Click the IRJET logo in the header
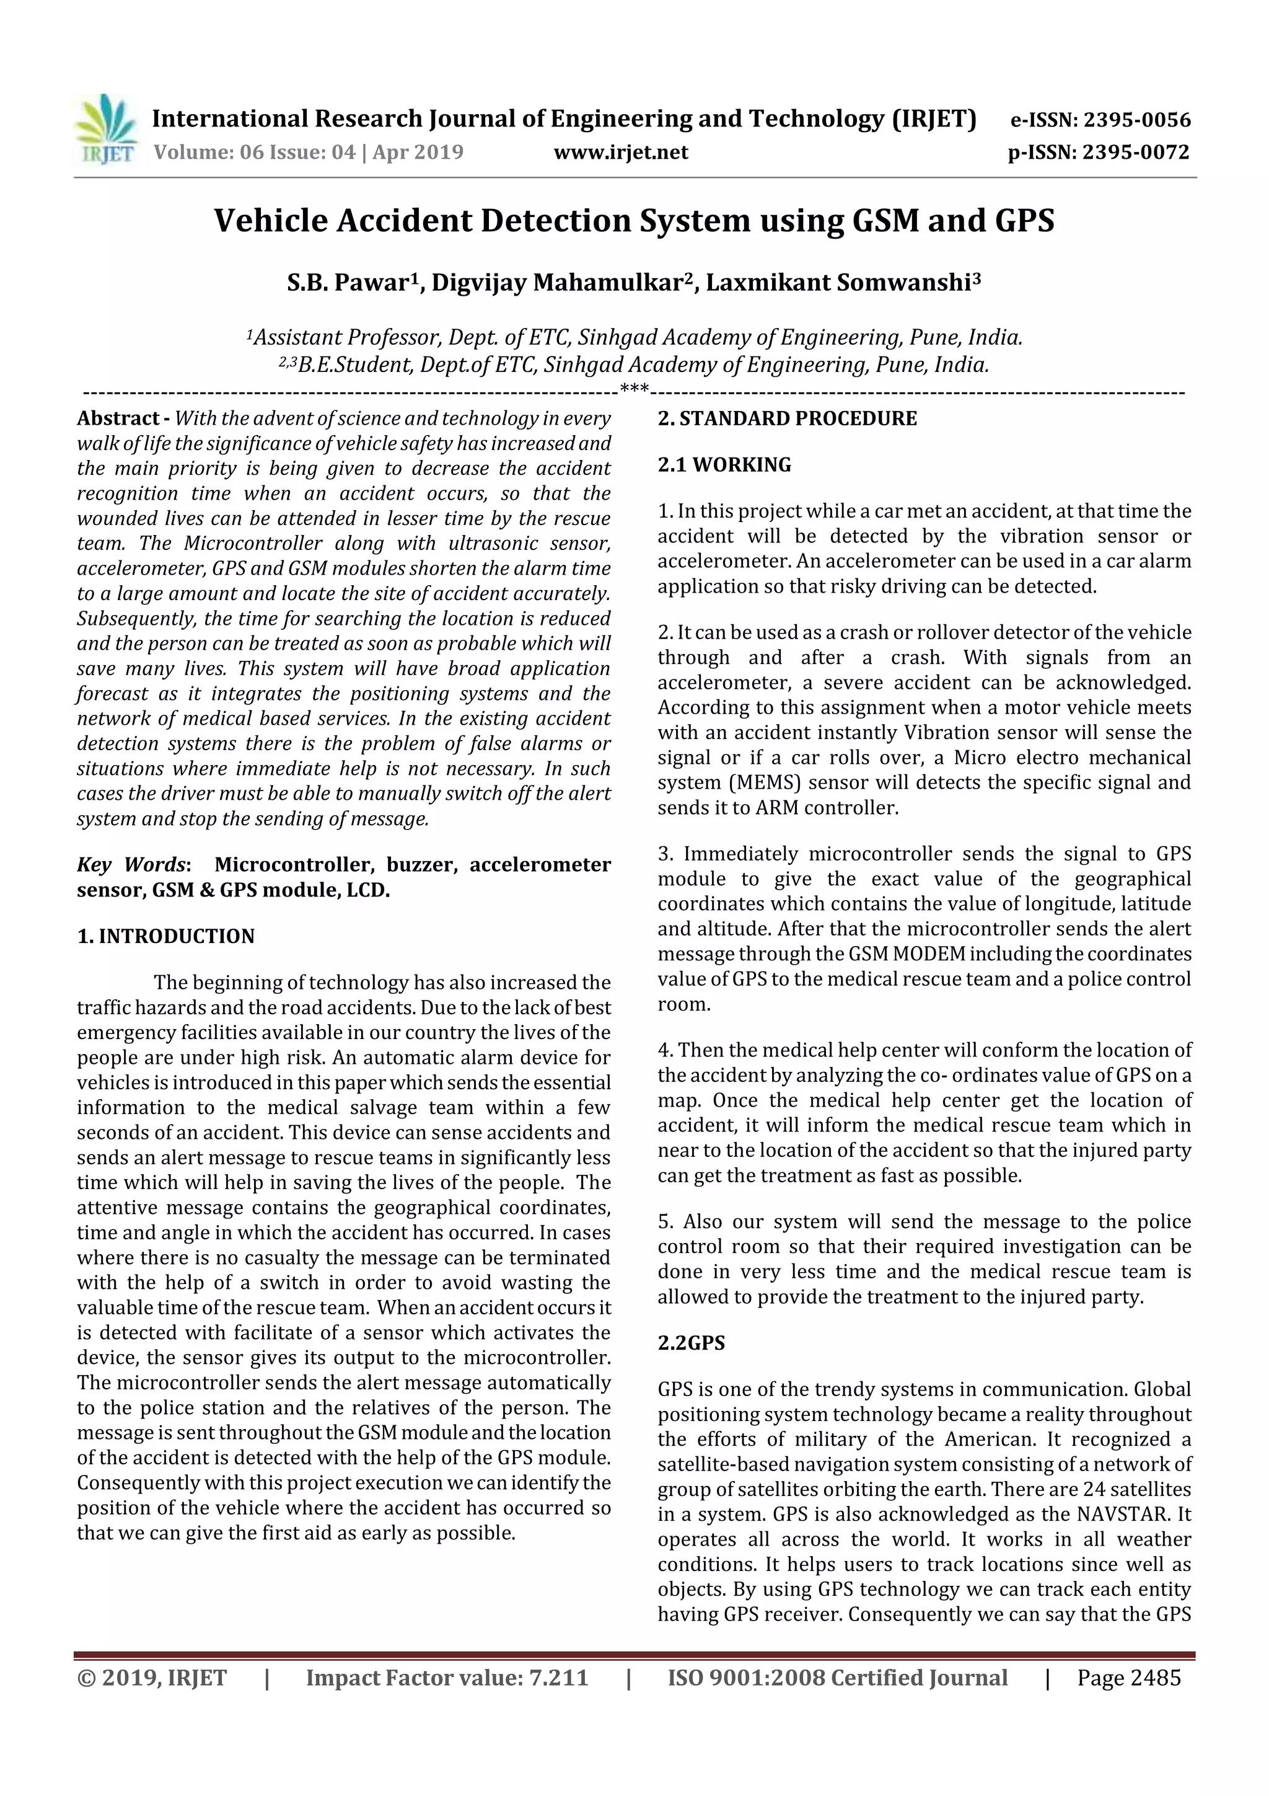[107, 130]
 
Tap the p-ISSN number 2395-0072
[1135, 153]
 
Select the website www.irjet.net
[621, 153]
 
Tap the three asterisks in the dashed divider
[633, 389]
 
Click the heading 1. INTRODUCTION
[166, 936]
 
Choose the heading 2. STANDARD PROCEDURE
[786, 418]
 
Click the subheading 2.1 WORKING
[724, 464]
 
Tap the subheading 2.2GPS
[691, 1343]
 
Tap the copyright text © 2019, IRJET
[152, 1678]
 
